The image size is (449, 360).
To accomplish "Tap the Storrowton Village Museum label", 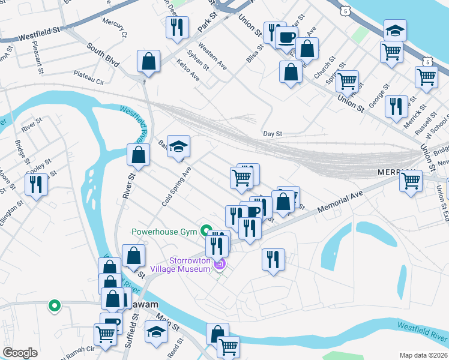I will (181, 265).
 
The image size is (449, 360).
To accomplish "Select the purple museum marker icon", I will (220, 263).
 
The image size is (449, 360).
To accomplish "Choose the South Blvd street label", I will (103, 55).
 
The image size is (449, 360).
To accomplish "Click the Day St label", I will (272, 134).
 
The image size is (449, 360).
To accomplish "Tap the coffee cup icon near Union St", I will (286, 37).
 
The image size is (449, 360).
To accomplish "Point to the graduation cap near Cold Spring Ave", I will (178, 146).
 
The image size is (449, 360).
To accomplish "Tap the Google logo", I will (20, 353).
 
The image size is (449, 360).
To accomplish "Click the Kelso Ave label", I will (188, 70).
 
